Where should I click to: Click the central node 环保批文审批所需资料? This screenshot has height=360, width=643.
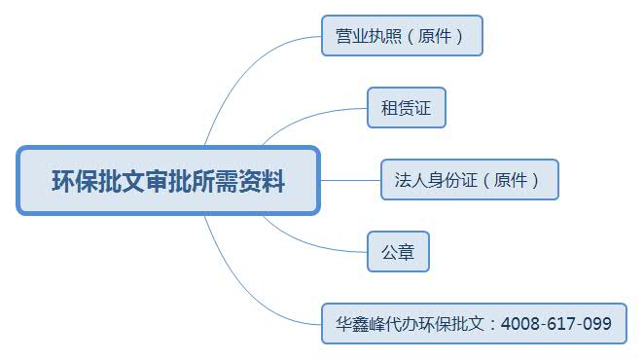point(167,180)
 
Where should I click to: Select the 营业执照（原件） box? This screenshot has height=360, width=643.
point(401,35)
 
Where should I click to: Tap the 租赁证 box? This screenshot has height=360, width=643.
point(406,108)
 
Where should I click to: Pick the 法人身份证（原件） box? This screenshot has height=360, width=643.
point(469,179)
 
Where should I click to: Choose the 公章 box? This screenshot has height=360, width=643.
point(398,251)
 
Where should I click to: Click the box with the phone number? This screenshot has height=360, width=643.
point(474,323)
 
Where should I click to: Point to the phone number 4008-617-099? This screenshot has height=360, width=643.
point(556,323)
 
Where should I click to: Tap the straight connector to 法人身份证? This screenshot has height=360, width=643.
point(350,180)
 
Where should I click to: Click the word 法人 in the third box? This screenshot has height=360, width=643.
point(410,180)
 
